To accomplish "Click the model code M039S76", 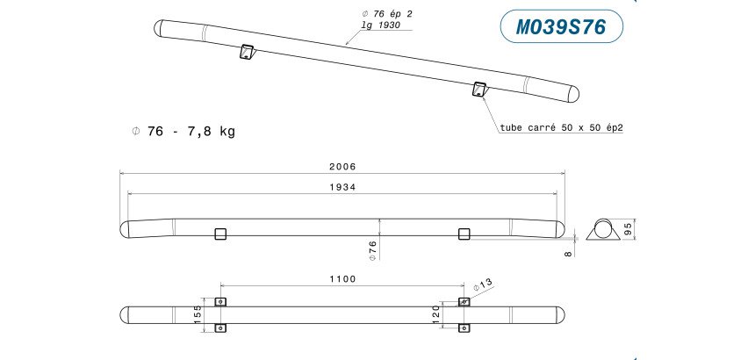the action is coord(561,27).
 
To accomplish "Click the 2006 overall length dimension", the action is coord(342,167).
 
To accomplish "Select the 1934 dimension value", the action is coord(342,188).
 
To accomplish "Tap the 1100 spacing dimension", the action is coord(342,279).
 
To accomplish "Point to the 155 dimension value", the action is coord(198,314).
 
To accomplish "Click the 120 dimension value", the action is coord(436,314).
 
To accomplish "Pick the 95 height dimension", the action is coord(628,229).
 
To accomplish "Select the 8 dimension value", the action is coord(568,254).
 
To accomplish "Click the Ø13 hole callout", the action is coord(483,284).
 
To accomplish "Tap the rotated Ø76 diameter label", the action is coord(373,249).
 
